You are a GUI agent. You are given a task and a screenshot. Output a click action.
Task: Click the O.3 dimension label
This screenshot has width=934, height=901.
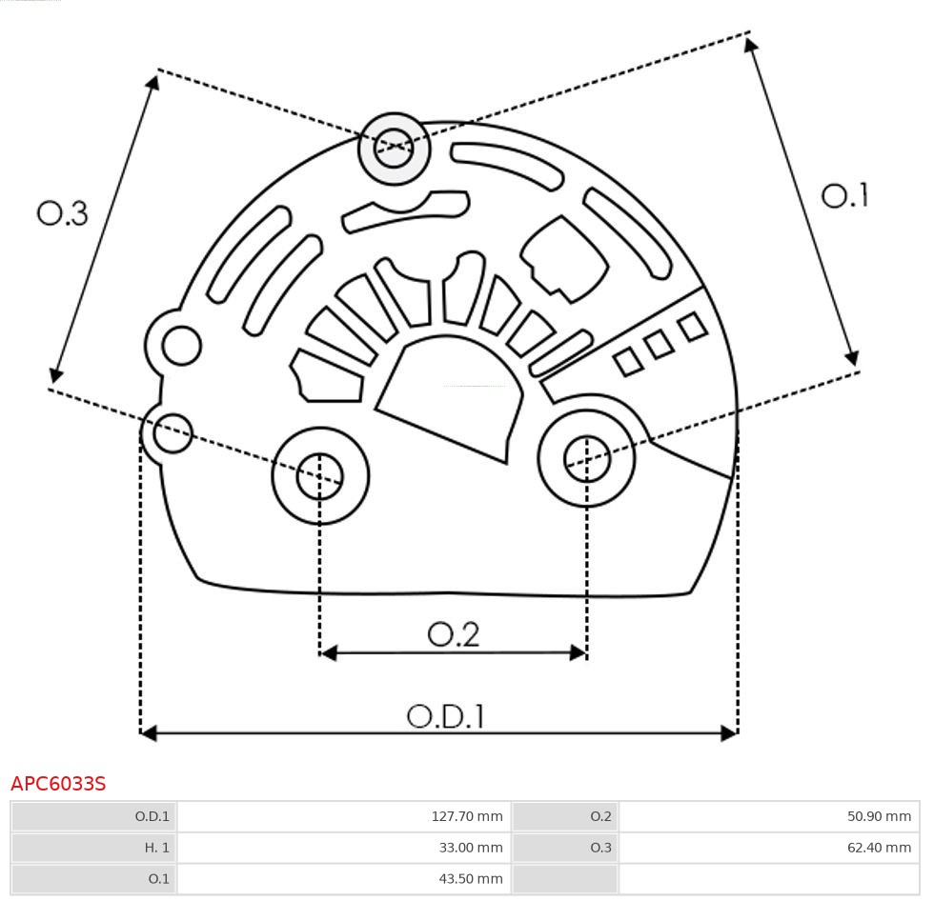63,213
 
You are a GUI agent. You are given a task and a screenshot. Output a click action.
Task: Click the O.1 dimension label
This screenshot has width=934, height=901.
844,196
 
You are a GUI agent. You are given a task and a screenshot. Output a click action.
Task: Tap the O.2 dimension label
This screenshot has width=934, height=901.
453,634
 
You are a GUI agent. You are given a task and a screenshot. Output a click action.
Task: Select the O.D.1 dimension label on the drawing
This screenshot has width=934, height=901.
445,716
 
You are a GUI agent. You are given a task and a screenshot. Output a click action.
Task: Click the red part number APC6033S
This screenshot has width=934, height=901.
58,784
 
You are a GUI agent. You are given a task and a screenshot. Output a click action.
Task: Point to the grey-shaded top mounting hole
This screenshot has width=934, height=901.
394,149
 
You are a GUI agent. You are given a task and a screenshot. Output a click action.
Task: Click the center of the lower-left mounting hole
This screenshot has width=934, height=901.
320,475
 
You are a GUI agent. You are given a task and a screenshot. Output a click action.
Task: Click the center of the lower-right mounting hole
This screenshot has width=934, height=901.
587,459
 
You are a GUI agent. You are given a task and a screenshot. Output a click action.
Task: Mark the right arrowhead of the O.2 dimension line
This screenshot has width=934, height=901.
578,652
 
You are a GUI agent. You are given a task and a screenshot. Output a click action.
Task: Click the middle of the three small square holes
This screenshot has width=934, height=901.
659,344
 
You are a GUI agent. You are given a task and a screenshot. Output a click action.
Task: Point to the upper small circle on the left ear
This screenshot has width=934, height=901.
181,345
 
